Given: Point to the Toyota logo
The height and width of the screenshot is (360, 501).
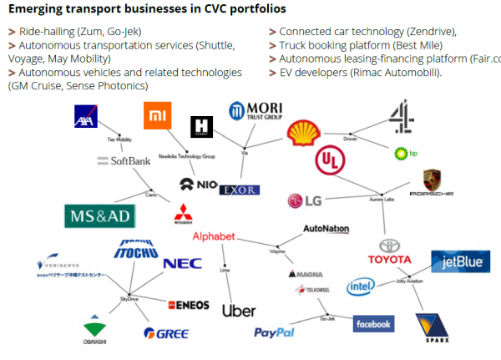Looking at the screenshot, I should click(391, 251).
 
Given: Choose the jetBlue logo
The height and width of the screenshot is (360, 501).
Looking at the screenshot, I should click(459, 261).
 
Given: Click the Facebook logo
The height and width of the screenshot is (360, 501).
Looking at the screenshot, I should click(373, 323).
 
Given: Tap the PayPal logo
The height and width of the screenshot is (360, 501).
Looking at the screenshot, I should click(275, 332).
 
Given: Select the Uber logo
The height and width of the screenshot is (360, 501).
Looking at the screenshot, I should click(239, 311).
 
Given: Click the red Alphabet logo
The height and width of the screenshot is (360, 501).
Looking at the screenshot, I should click(214, 236).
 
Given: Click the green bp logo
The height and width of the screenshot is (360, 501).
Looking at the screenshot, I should click(402, 153).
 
